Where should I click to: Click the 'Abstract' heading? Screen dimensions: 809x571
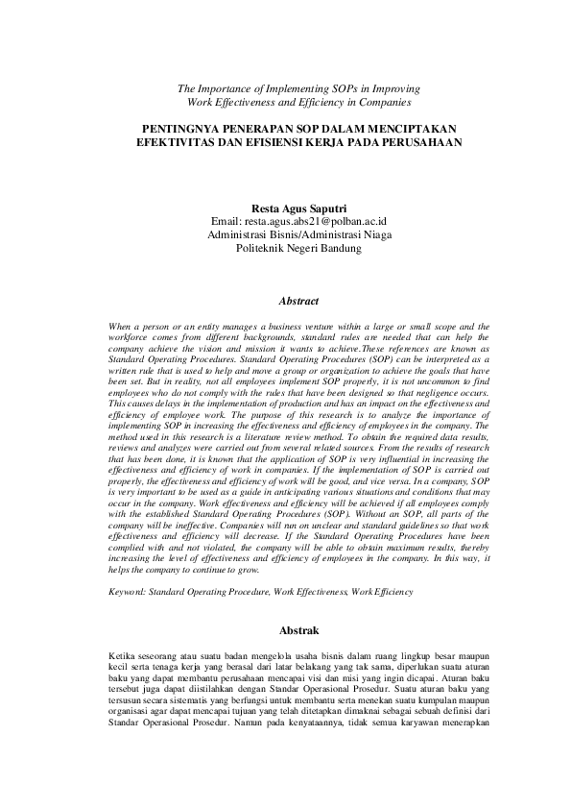point(297,301)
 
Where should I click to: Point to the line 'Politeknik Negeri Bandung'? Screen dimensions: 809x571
point(297,247)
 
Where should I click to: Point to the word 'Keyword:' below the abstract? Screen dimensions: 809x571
point(129,593)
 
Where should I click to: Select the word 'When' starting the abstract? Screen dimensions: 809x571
point(122,328)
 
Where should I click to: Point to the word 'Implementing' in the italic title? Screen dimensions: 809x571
point(295,87)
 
